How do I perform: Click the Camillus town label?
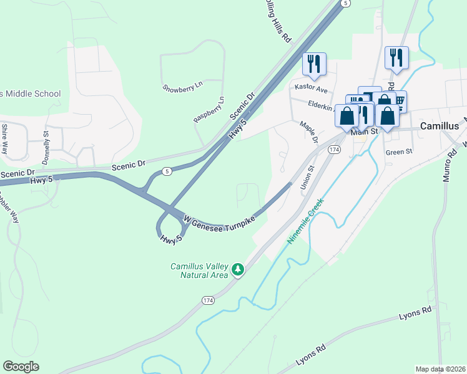pyautogui.click(x=440, y=125)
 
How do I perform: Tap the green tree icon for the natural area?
pyautogui.click(x=237, y=269)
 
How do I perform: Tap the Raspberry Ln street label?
pyautogui.click(x=209, y=110)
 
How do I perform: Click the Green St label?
pyautogui.click(x=399, y=151)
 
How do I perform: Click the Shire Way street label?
pyautogui.click(x=4, y=139)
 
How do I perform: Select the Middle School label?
pyautogui.click(x=31, y=93)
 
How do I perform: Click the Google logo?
pyautogui.click(x=21, y=366)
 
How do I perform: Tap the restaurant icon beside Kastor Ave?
pyautogui.click(x=314, y=62)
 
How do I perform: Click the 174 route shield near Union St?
pyautogui.click(x=335, y=150)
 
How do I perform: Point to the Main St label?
pyautogui.click(x=365, y=132)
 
